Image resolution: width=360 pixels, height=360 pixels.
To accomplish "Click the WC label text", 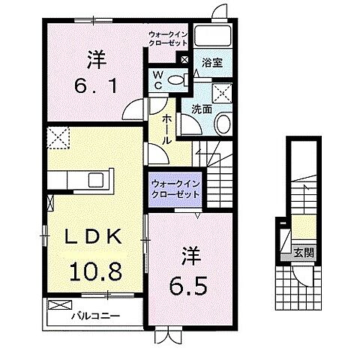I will point(160,80).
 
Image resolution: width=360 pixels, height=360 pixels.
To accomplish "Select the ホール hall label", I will point(166,130).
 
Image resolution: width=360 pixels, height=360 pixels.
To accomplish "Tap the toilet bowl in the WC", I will point(177,80).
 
